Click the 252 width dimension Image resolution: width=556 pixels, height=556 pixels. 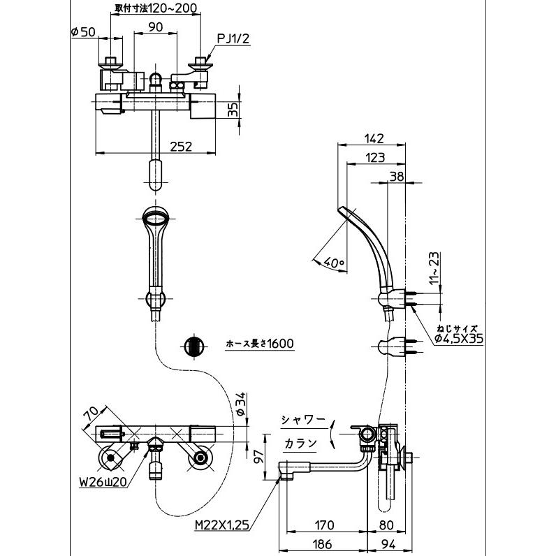coord(181,146)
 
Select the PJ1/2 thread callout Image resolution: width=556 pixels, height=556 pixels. coord(233,38)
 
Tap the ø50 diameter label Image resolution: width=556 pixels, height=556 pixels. coord(83,32)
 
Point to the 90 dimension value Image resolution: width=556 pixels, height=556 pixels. coord(155,27)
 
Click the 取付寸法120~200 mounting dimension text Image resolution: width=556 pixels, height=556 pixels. coord(156,8)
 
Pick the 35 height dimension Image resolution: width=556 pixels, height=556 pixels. coord(233,110)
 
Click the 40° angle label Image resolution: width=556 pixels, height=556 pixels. coord(333,263)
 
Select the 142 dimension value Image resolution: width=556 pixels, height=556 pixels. coord(374,138)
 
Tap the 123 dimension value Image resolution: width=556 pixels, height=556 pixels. coord(375,157)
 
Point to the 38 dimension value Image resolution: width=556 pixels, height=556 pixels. coord(397,176)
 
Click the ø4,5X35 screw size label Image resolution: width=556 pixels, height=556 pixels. coord(459,339)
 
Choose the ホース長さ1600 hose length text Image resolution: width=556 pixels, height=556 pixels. coord(260,343)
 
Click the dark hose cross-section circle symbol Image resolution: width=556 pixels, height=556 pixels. coord(194,345)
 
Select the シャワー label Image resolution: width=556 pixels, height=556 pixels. coord(303,420)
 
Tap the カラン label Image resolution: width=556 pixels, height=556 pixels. coord(300,443)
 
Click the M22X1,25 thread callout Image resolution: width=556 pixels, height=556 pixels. coord(222,525)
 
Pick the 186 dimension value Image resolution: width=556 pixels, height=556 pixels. coord(322,543)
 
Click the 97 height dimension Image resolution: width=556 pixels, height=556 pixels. coord(259,455)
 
